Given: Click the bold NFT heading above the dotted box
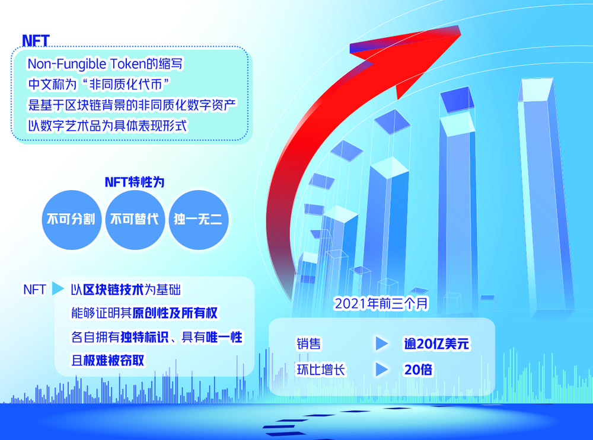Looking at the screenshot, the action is coord(36,40).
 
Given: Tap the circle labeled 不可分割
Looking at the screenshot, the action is coord(71,220).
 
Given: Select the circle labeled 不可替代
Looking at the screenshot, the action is coord(135,220).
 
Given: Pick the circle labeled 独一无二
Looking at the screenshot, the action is coord(198,220).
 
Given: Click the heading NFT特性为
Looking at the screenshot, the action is coord(135,182).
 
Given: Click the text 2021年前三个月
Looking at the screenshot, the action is coord(381,304).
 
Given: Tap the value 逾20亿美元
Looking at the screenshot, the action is coord(436,343).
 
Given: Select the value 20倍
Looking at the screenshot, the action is coord(418,370).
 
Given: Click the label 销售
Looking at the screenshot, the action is coord(308,343).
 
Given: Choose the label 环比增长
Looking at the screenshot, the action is coord(321,370).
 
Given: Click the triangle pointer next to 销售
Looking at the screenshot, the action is coord(381,343).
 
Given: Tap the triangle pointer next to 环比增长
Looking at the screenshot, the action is coord(381,370).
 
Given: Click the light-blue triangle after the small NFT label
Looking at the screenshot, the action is coord(58,289).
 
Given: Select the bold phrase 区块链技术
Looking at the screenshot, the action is coord(113,290).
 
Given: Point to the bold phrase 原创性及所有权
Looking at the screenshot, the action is coord(175,313).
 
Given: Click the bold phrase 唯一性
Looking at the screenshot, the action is coord(224,337).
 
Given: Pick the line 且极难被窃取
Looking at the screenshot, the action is coord(108,360).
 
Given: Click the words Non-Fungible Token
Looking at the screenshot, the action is coord(87,64).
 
